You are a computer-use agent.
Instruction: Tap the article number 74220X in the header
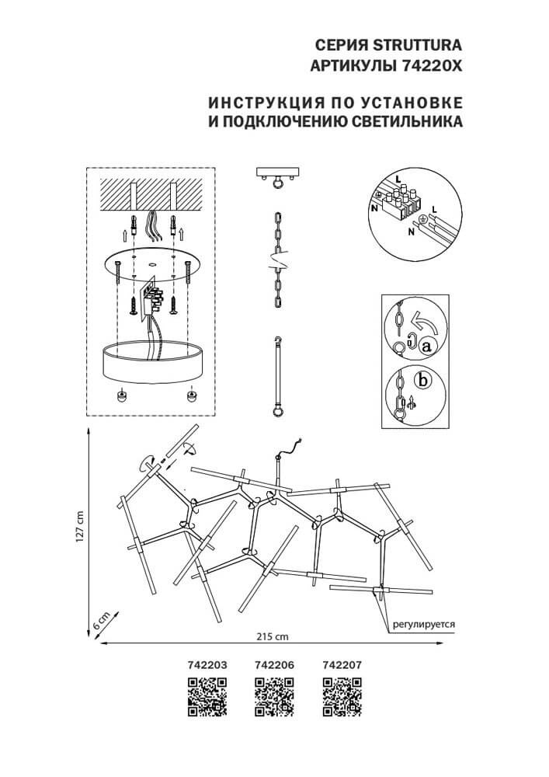pyautogui.click(x=430, y=66)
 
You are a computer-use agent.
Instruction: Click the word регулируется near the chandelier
pyautogui.click(x=422, y=623)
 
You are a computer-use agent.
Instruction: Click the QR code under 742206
pyautogui.click(x=274, y=695)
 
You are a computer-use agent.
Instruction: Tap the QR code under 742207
pyautogui.click(x=342, y=695)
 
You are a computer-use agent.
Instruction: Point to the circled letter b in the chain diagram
pyautogui.click(x=422, y=381)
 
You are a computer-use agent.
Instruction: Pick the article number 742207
pyautogui.click(x=342, y=665)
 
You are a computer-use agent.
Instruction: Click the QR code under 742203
pyautogui.click(x=207, y=695)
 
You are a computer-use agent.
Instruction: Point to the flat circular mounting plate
pyautogui.click(x=151, y=264)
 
